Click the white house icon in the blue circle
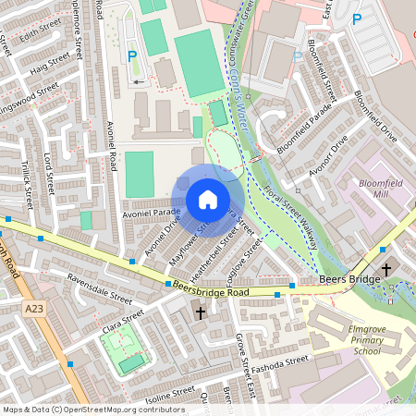click(x=208, y=200)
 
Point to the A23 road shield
click(x=35, y=309)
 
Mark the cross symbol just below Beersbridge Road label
click(x=200, y=313)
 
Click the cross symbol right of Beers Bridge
click(x=385, y=268)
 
